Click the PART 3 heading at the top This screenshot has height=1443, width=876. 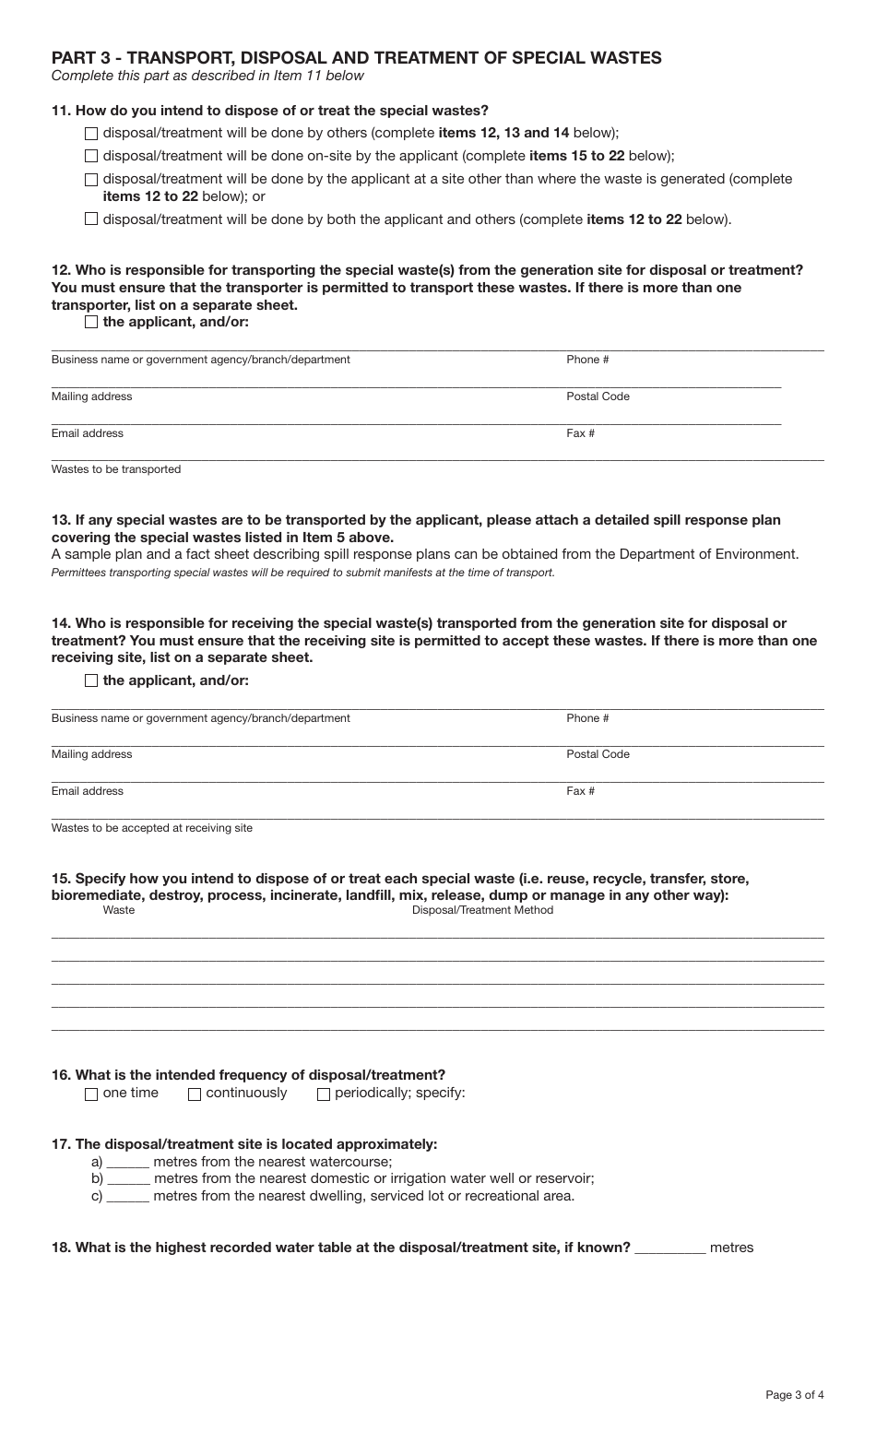[356, 58]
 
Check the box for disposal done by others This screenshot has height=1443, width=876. [90, 133]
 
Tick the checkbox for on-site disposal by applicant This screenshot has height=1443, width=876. [90, 157]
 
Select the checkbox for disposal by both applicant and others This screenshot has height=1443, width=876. [90, 219]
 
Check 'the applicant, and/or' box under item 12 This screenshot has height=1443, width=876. [90, 322]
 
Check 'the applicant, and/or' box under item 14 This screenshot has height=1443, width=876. [90, 680]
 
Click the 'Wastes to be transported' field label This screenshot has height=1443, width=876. [116, 469]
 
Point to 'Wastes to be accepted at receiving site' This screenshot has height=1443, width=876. [151, 828]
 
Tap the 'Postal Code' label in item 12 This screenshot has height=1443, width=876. [598, 396]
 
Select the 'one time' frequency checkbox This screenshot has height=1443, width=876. [90, 1094]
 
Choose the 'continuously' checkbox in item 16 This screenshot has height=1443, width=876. [195, 1094]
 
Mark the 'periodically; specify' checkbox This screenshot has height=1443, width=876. [324, 1094]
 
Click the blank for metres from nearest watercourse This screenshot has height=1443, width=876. [128, 1162]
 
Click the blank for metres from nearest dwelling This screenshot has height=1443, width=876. [128, 1197]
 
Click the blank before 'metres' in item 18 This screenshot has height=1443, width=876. [670, 1248]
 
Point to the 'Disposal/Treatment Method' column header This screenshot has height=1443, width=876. [482, 910]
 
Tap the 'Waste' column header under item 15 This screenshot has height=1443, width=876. [118, 910]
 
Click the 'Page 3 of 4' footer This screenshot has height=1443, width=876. [794, 1395]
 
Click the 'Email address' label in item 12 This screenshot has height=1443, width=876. [87, 433]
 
